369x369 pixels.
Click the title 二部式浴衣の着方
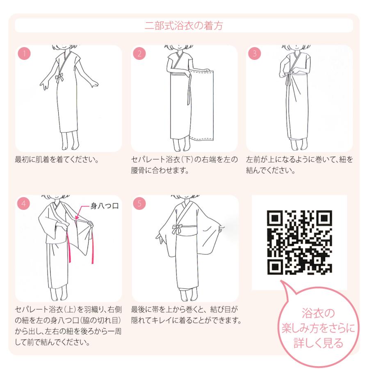(184, 25)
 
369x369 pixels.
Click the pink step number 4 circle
(24, 203)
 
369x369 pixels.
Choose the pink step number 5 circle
(140, 203)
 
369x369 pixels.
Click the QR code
(299, 242)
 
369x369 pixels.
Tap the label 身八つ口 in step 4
(105, 206)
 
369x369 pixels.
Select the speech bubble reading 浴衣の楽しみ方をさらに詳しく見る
(318, 328)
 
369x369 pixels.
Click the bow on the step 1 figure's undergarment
(59, 77)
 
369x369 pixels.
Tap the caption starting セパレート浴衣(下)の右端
(184, 164)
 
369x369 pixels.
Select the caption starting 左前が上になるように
(299, 164)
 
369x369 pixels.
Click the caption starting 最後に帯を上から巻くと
(185, 314)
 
